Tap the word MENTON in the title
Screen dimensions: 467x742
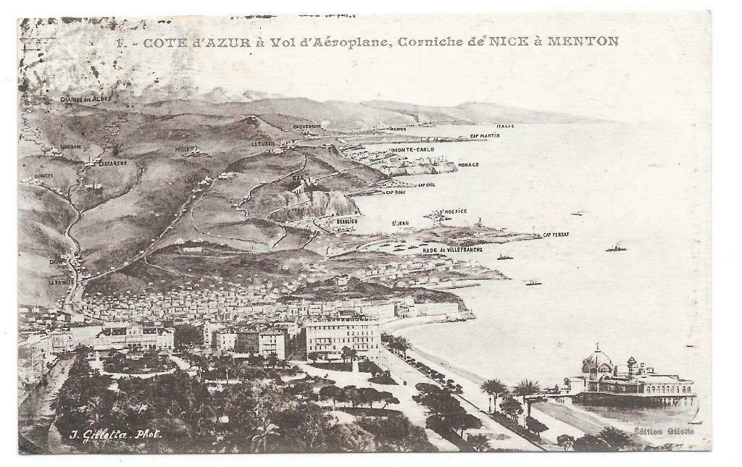pyautogui.click(x=584, y=42)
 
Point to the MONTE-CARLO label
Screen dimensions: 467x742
pyautogui.click(x=412, y=150)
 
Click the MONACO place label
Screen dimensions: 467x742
pyautogui.click(x=468, y=165)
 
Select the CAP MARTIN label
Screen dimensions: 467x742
pyautogui.click(x=485, y=135)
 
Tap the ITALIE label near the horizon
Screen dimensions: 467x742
pyautogui.click(x=505, y=126)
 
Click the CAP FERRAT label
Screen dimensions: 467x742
pyautogui.click(x=556, y=235)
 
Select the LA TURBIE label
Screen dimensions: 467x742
pyautogui.click(x=263, y=144)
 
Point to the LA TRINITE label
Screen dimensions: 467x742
pyautogui.click(x=61, y=282)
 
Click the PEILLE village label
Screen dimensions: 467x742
pyautogui.click(x=182, y=149)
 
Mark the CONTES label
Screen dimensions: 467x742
pyautogui.click(x=43, y=175)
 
